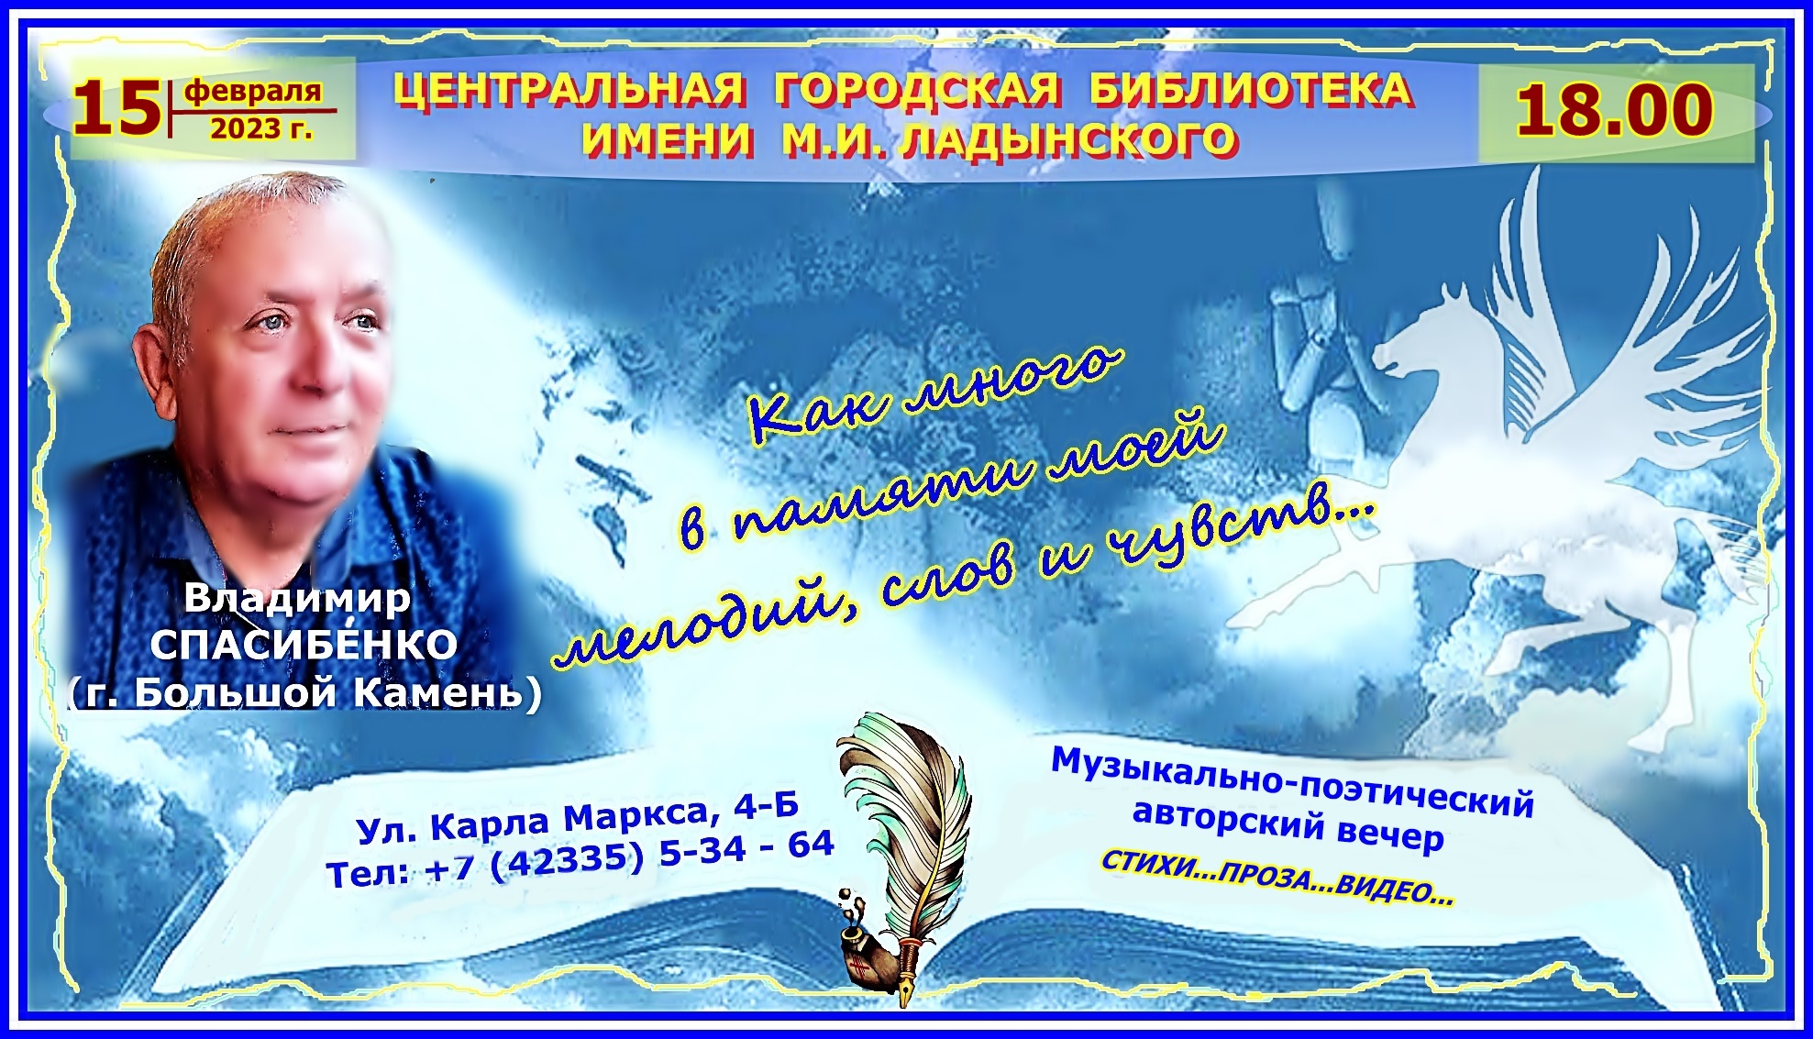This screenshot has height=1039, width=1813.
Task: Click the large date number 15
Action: (x=116, y=109)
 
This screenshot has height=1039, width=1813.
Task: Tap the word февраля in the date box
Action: (x=253, y=91)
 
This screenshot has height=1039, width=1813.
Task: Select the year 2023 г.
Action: (x=261, y=129)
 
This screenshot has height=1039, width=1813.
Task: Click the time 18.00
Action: (x=1614, y=110)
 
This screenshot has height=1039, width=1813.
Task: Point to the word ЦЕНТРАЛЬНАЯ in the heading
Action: (x=569, y=91)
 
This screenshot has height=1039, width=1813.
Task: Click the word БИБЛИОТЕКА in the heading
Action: (x=1252, y=90)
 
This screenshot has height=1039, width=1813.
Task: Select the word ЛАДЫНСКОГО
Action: (x=1069, y=140)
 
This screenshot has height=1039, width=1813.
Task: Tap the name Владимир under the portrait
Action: (x=297, y=598)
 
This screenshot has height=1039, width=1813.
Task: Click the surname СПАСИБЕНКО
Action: (x=304, y=644)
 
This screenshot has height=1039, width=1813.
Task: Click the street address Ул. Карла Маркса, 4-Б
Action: (x=578, y=817)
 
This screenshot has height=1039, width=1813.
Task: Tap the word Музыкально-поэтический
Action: (x=1292, y=782)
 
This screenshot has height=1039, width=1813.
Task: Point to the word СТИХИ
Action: (x=1138, y=863)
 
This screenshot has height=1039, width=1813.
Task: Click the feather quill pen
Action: (x=903, y=844)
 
